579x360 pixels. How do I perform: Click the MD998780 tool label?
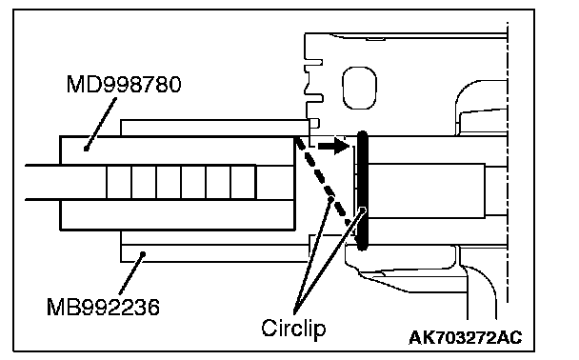(124, 84)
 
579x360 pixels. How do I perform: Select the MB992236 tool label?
(103, 307)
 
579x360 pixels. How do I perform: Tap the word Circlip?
(293, 328)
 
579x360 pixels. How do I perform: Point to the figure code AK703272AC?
(466, 337)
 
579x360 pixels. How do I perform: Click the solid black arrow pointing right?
(333, 146)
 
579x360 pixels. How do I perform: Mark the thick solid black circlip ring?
(363, 190)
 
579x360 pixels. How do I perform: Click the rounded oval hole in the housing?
(359, 88)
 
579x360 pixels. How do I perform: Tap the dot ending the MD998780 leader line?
(86, 149)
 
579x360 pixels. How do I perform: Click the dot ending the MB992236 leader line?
(143, 254)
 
